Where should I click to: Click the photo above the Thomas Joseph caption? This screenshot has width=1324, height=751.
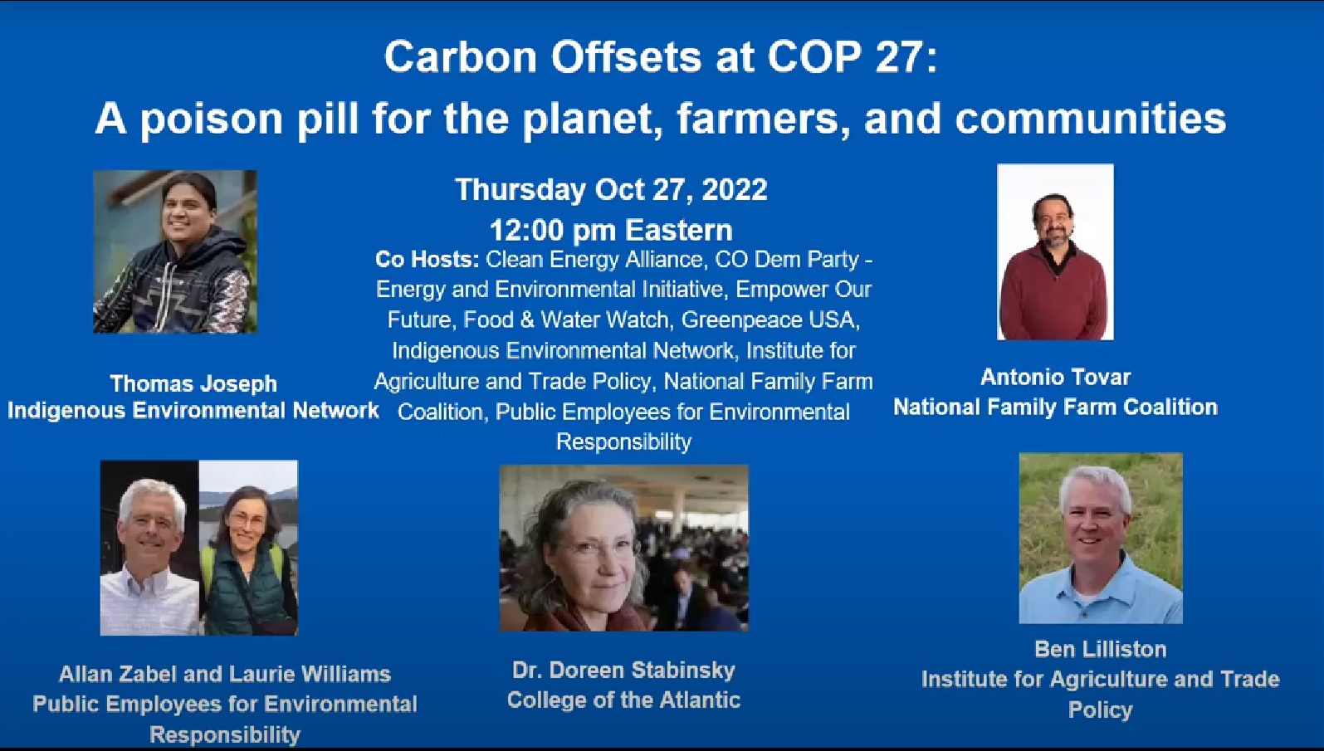pyautogui.click(x=175, y=251)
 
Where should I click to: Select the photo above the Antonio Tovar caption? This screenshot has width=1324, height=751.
pyautogui.click(x=1055, y=251)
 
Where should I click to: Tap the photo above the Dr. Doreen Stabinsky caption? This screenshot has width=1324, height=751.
pyautogui.click(x=623, y=548)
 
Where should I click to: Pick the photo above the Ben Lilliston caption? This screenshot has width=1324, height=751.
pyautogui.click(x=1101, y=538)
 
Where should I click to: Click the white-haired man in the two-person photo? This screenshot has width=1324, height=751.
pyautogui.click(x=149, y=555)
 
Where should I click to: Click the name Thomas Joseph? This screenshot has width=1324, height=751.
pyautogui.click(x=193, y=383)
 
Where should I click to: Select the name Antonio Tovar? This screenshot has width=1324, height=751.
pyautogui.click(x=1055, y=377)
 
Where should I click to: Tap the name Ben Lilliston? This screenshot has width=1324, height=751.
pyautogui.click(x=1101, y=650)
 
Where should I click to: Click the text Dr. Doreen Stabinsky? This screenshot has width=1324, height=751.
pyautogui.click(x=623, y=670)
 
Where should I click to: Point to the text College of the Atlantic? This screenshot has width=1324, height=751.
pyautogui.click(x=623, y=700)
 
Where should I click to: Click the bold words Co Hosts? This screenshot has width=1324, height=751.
pyautogui.click(x=427, y=260)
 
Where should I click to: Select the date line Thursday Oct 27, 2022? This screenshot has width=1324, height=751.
pyautogui.click(x=611, y=190)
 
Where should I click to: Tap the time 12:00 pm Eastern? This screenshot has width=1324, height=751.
pyautogui.click(x=611, y=230)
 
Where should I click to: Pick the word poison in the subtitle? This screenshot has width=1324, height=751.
pyautogui.click(x=211, y=118)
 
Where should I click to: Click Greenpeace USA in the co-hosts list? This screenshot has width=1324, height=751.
pyautogui.click(x=771, y=319)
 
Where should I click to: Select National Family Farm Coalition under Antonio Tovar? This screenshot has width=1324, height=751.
pyautogui.click(x=1055, y=407)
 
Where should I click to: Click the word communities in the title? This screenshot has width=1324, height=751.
pyautogui.click(x=1091, y=118)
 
